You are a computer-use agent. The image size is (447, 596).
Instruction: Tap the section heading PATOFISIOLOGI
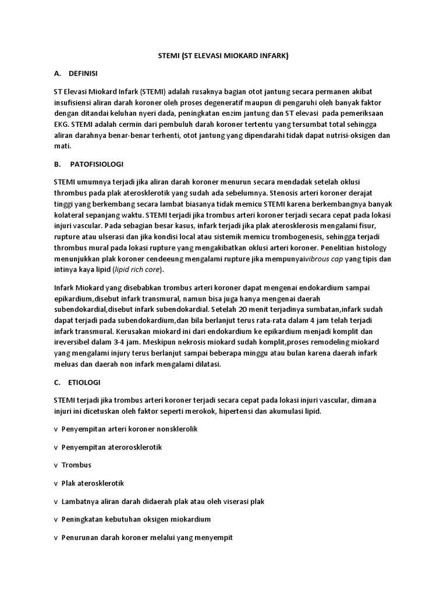tap(96, 164)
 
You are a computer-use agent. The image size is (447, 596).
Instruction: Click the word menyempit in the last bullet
tap(214, 538)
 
